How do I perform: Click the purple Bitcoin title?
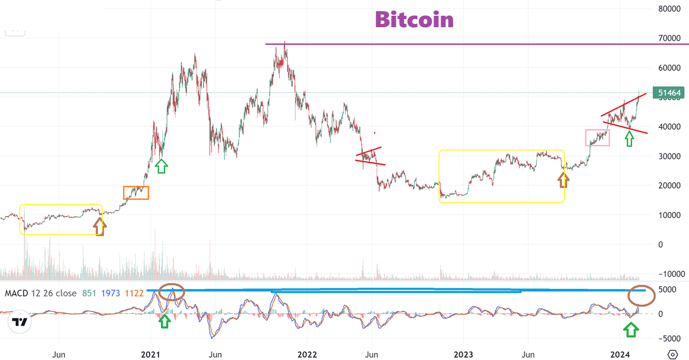click(414, 20)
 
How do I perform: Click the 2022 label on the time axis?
click(307, 355)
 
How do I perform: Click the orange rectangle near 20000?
click(136, 192)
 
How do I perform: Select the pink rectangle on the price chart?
click(597, 138)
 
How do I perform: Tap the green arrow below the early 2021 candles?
click(161, 166)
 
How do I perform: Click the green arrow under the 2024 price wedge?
click(629, 138)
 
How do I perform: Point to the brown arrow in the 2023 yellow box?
click(564, 180)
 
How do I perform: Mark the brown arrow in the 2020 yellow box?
click(98, 226)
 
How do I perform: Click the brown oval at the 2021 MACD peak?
click(171, 292)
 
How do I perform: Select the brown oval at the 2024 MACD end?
click(641, 296)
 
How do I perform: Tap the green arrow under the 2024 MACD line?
click(631, 329)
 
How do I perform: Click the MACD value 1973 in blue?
click(110, 293)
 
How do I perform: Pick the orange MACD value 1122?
click(134, 293)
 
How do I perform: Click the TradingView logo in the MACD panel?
click(20, 322)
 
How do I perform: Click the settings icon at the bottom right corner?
click(672, 355)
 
